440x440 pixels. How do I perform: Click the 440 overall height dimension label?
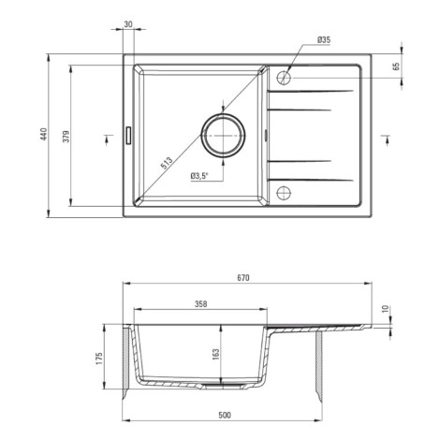coord(44,134)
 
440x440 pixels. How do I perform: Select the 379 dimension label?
coord(66,136)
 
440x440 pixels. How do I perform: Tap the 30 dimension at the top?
coord(128,24)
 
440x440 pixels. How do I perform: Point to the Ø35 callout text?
coord(324,40)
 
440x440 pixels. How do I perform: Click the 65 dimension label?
coord(396,66)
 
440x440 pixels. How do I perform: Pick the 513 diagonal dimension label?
coord(167,163)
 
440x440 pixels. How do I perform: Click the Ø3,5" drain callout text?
coord(199,176)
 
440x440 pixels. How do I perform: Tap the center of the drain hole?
coord(223,136)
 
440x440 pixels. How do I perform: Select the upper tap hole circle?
coord(284,77)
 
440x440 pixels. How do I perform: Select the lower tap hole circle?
coord(284,193)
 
